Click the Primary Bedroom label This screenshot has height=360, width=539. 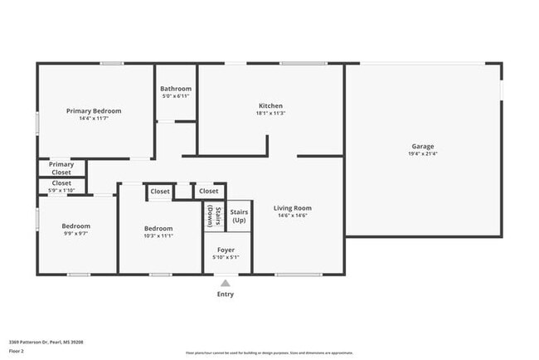point(94,111)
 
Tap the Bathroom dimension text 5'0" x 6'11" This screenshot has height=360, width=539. point(176,96)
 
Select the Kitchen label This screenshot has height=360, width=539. point(271,106)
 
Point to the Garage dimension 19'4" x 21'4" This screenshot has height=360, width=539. point(423,153)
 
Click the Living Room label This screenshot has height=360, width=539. point(293,208)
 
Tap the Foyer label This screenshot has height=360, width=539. point(226,250)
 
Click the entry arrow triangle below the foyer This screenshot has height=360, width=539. point(226,283)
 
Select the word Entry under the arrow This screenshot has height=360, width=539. point(226,294)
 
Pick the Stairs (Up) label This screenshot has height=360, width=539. point(239,216)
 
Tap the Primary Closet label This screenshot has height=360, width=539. point(61,168)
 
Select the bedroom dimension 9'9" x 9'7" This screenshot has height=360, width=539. point(75,234)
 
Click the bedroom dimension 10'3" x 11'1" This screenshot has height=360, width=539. point(158,236)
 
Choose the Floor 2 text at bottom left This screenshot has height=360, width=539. point(17,351)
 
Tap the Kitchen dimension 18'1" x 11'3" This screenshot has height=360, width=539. point(271,114)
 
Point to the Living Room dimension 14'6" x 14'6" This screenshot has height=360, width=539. point(293,216)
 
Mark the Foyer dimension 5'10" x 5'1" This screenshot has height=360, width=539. point(226,257)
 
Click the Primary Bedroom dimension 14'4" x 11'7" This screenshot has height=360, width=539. point(94,119)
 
